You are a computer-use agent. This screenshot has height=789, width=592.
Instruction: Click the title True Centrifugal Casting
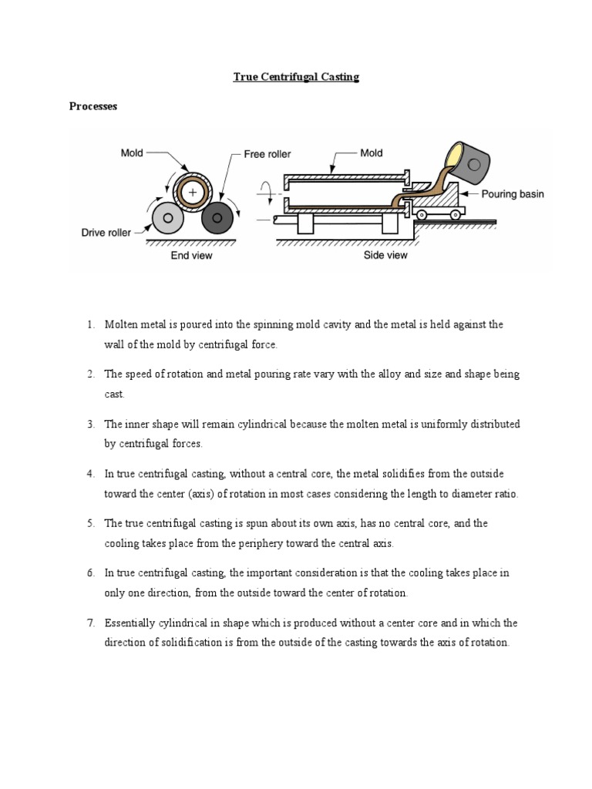[297, 78]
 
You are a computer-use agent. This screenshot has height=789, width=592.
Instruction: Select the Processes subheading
[93, 107]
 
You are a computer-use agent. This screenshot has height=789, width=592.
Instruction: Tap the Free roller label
[267, 154]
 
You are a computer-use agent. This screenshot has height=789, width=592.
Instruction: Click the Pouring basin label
[513, 194]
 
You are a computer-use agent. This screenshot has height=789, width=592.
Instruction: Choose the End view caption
[191, 255]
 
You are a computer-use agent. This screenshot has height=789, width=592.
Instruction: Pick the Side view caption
[385, 255]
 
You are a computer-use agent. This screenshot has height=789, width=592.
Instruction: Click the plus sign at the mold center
[192, 190]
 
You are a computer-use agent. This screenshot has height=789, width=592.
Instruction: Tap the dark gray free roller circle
[217, 220]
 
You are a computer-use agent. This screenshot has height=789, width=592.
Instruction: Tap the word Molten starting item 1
[123, 324]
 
